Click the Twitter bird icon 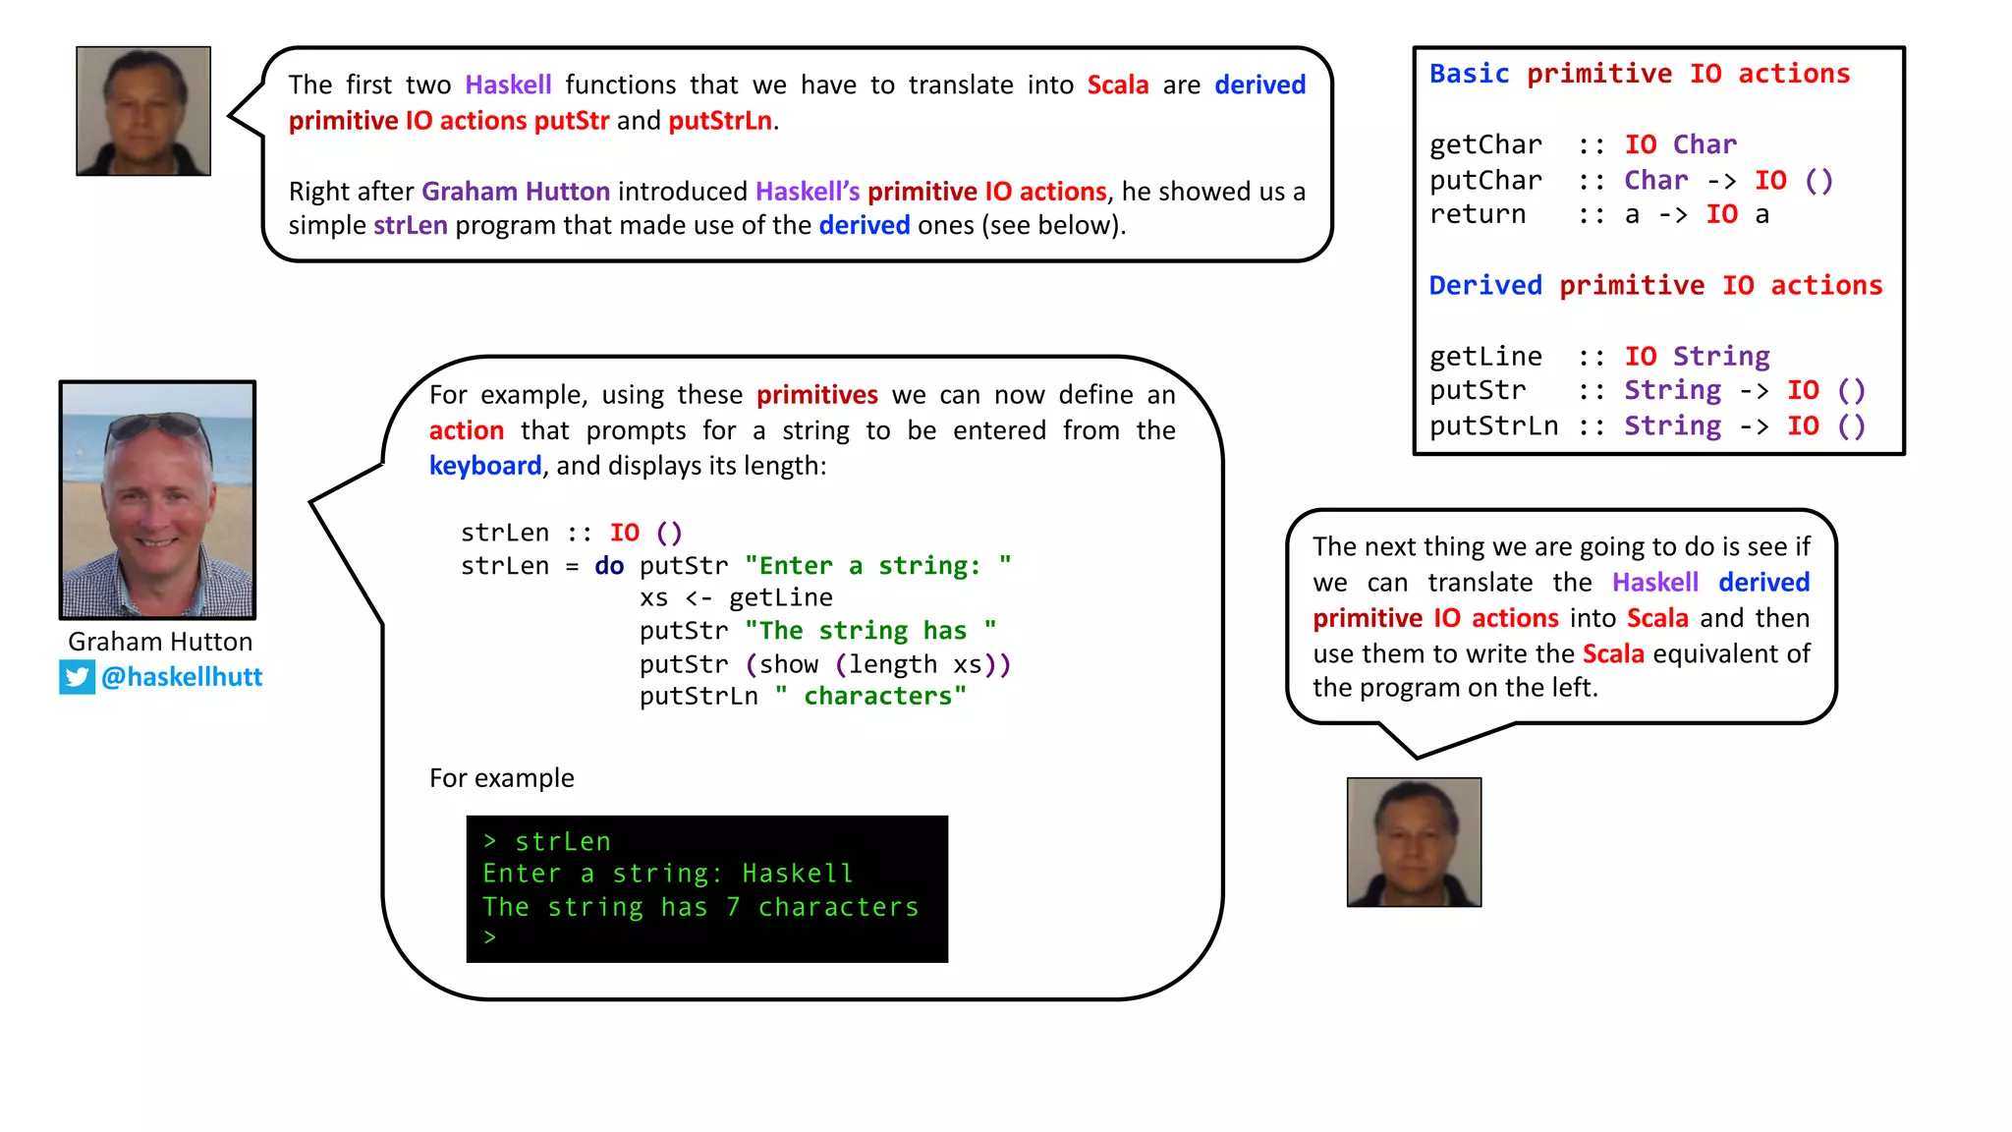(x=77, y=677)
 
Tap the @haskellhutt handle (x=182, y=677)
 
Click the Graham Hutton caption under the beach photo (x=160, y=642)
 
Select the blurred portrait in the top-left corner (x=143, y=111)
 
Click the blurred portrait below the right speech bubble (x=1414, y=842)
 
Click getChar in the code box (x=1485, y=145)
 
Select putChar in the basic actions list (x=1485, y=181)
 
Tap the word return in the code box (x=1478, y=215)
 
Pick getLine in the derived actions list (x=1485, y=357)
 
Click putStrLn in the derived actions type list (x=1493, y=426)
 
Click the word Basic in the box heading (x=1469, y=75)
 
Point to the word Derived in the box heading (x=1485, y=286)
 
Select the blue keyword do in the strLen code (x=609, y=566)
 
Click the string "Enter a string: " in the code (x=877, y=566)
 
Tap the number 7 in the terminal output (x=733, y=907)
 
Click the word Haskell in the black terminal (x=797, y=874)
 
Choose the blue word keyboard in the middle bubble (x=485, y=466)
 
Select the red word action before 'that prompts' (x=467, y=430)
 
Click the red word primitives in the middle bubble (x=816, y=395)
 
